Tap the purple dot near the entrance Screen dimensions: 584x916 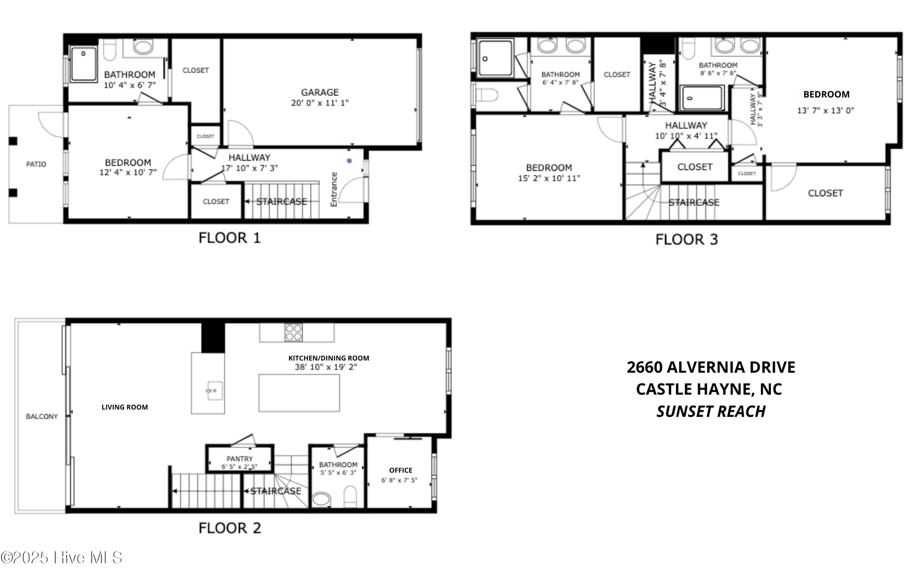(349, 161)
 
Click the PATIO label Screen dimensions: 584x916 (36, 164)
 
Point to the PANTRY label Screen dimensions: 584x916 (239, 459)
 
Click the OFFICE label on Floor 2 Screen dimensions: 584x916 (401, 470)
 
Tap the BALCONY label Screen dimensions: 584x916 (42, 417)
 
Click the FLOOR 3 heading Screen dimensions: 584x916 (686, 240)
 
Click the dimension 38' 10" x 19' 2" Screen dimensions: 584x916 (326, 367)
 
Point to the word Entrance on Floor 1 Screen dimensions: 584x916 (334, 189)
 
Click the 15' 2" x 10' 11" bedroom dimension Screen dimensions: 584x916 (549, 178)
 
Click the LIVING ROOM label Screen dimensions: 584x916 (125, 407)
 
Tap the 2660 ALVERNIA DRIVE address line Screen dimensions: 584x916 (711, 367)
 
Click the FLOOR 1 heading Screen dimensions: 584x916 (229, 238)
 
